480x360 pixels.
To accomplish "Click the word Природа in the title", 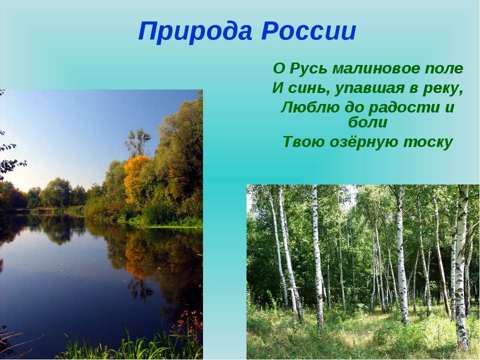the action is (195, 31).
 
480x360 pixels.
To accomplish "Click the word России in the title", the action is (309, 31).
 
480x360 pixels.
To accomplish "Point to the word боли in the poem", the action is (367, 122).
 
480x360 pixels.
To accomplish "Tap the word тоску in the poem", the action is (427, 142).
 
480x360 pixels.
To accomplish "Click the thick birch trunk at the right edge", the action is (461, 266).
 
